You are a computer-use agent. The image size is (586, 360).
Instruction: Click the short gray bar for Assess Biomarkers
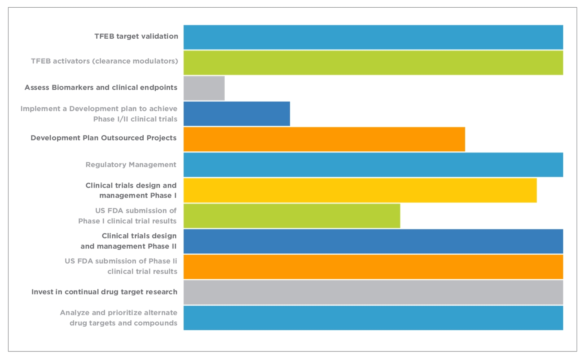click(204, 88)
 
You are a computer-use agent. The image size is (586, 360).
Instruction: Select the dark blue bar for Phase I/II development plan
click(237, 114)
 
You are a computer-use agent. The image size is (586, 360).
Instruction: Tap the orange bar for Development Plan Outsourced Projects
click(324, 139)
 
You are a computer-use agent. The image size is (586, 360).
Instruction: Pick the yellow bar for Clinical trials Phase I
click(360, 190)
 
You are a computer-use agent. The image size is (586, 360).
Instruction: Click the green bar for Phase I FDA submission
click(292, 216)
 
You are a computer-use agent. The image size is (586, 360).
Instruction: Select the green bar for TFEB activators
click(373, 63)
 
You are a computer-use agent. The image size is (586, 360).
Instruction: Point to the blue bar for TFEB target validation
click(373, 37)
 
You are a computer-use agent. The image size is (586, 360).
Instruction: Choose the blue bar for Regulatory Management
click(373, 165)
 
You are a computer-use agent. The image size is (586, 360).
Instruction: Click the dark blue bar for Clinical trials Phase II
click(373, 241)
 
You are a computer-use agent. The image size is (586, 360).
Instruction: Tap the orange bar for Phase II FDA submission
click(373, 267)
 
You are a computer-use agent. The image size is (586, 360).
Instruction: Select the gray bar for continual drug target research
click(373, 292)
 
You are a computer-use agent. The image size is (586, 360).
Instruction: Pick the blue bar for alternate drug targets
click(373, 318)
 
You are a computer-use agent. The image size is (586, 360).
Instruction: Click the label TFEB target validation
click(136, 36)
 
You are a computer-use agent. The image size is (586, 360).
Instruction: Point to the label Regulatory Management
click(131, 165)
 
